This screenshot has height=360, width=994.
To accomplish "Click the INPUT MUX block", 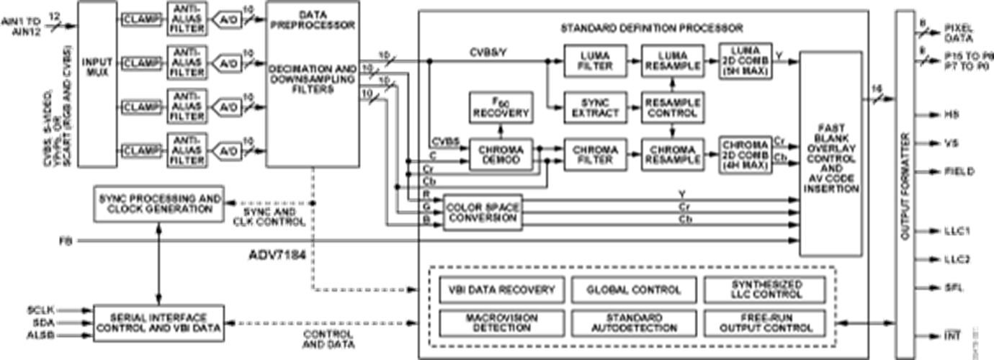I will tap(97, 82).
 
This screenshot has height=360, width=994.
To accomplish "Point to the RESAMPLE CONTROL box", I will tap(671, 107).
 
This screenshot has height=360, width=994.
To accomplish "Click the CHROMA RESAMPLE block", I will tap(671, 154).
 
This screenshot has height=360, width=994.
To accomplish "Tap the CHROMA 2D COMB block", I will tap(745, 154).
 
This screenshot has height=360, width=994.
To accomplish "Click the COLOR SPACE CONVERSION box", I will tap(481, 212).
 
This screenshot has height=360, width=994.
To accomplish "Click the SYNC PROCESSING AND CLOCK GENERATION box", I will tap(159, 203).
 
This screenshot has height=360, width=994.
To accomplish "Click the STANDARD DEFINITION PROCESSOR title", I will tap(651, 28).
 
